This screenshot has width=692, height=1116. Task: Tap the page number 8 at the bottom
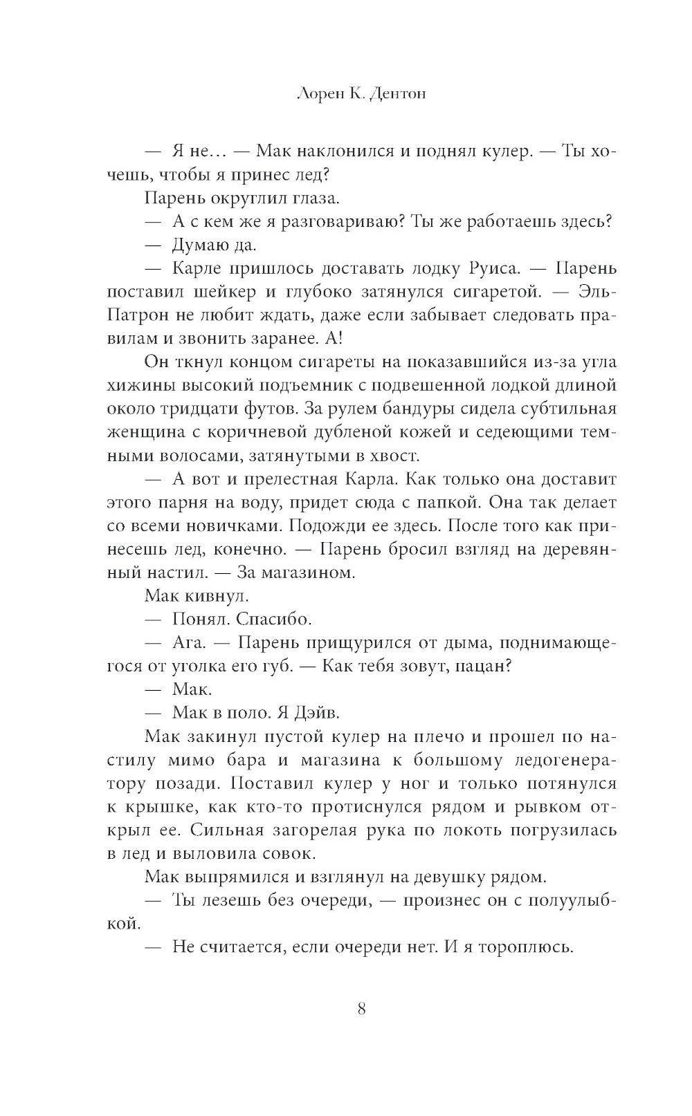(361, 1007)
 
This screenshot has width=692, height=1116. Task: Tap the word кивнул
(209, 596)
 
